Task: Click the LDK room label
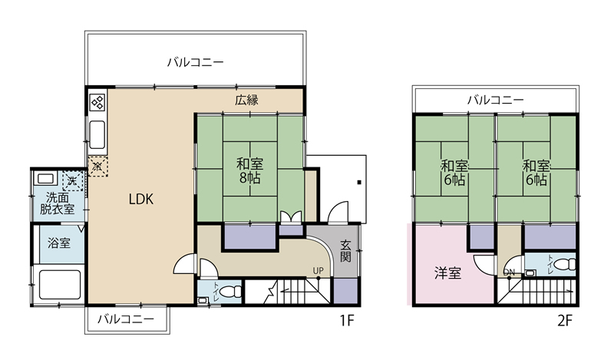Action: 141,199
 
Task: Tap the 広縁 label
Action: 246,100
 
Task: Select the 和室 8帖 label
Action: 250,170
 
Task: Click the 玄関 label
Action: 345,251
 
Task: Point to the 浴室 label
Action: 59,243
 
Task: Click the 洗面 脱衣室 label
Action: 57,203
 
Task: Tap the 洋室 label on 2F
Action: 447,272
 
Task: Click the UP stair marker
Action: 318,270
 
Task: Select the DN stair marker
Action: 509,272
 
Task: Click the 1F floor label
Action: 347,321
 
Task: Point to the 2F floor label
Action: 565,321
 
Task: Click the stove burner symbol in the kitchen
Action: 97,103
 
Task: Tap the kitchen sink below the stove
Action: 97,134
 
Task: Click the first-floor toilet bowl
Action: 231,292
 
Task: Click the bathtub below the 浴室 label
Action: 60,284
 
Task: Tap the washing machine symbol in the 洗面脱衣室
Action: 73,180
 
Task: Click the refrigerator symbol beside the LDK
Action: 97,166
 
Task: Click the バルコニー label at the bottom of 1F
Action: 126,319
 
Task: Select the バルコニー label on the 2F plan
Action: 495,100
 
